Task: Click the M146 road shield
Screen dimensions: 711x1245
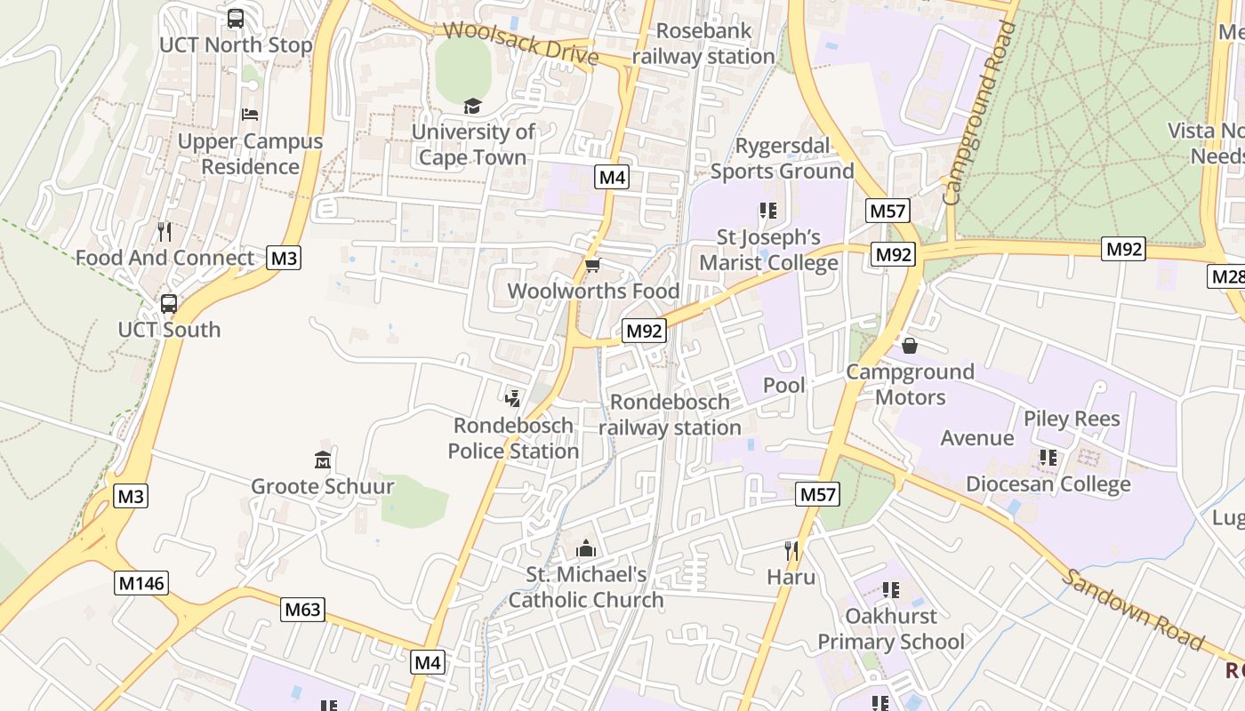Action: click(x=141, y=583)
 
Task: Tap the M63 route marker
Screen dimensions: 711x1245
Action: click(x=303, y=610)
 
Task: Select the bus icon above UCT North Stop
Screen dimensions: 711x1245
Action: click(x=236, y=18)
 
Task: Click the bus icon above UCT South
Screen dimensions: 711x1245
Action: click(x=168, y=303)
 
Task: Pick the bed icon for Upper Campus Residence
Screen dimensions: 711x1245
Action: click(x=250, y=115)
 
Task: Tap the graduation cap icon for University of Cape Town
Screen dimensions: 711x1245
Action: click(x=471, y=107)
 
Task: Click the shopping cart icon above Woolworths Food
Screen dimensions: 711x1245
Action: click(x=592, y=265)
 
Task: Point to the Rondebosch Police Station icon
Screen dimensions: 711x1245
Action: click(x=512, y=399)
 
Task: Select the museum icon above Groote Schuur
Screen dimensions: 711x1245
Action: click(x=322, y=460)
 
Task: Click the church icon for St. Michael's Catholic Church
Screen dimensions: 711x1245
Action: click(x=585, y=547)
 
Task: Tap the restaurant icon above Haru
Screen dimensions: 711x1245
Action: click(x=791, y=551)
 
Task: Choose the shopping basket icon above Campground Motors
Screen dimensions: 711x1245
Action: click(x=909, y=345)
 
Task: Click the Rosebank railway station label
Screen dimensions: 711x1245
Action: click(x=703, y=44)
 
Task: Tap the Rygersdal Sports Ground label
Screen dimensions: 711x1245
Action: click(x=782, y=158)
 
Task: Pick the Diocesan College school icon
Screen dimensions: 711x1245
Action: click(x=1048, y=458)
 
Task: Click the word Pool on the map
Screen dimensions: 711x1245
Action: click(x=784, y=385)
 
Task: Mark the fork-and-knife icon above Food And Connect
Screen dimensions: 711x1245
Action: click(x=164, y=232)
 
